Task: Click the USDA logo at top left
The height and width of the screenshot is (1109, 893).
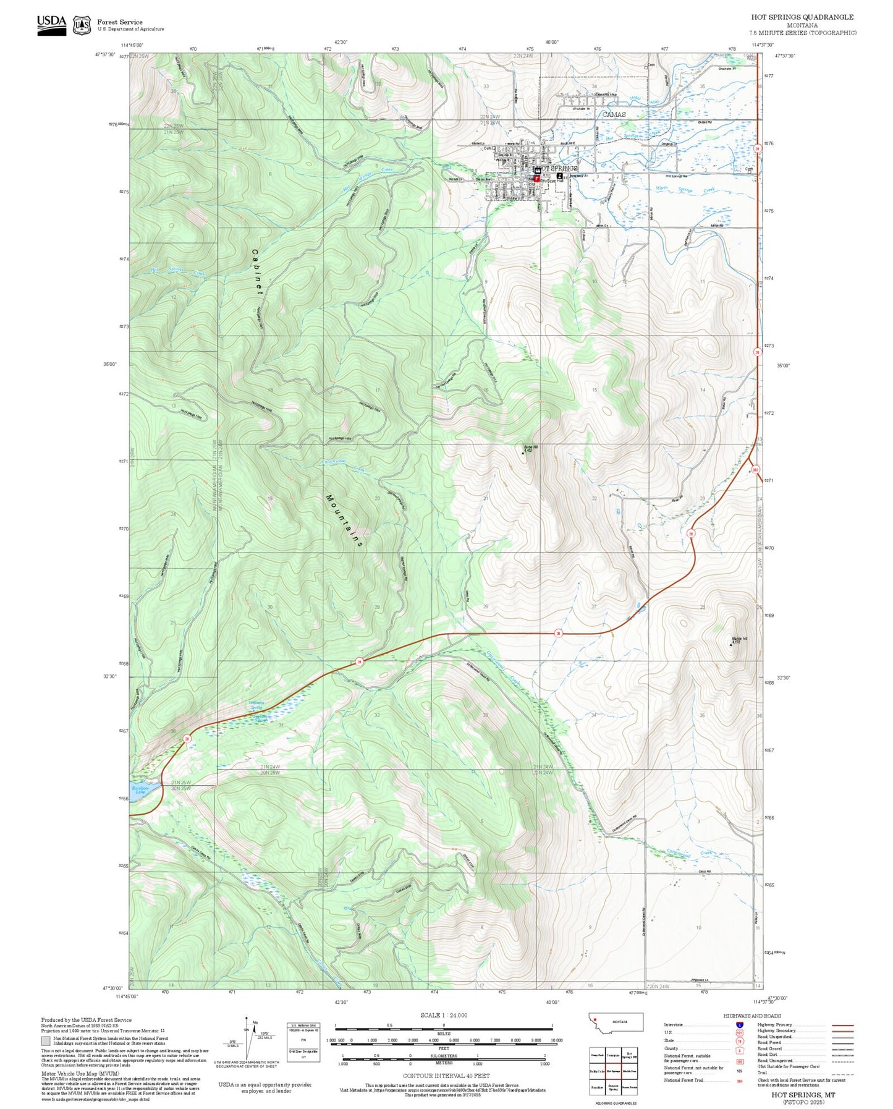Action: coord(51,25)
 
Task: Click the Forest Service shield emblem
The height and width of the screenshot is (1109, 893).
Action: coord(82,25)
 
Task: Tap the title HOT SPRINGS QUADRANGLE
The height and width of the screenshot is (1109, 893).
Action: coord(802,17)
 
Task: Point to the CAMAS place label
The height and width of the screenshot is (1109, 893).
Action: coord(614,114)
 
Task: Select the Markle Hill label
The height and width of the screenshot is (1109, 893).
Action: coord(739,639)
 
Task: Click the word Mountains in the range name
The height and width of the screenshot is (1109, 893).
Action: coord(344,521)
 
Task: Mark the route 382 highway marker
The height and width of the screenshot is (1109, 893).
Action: coord(755,470)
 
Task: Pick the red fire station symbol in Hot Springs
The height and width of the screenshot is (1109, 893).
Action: coord(536,178)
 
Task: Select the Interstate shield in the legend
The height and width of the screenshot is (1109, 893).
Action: coord(739,1025)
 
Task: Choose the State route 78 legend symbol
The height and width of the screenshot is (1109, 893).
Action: coord(739,1040)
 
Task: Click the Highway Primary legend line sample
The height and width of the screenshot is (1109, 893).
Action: coord(842,1025)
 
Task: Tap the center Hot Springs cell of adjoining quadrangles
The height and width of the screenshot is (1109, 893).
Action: coord(613,1071)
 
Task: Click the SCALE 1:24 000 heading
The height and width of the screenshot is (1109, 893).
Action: coord(443,1015)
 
